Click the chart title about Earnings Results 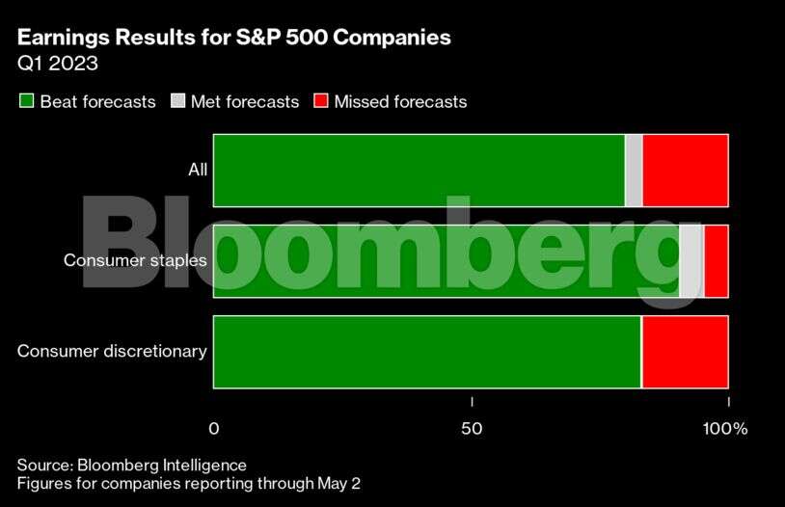[233, 40]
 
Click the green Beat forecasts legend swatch [27, 101]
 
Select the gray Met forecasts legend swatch [178, 101]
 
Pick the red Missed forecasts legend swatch [321, 101]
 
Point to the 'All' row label [198, 171]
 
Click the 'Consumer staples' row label [135, 260]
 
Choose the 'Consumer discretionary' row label [112, 351]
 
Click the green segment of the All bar [419, 171]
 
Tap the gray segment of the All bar [634, 171]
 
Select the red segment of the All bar [685, 171]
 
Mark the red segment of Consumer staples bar [716, 260]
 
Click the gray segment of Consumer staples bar [691, 260]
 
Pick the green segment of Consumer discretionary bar [426, 351]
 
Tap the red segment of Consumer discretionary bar [685, 351]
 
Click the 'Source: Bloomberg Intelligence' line [132, 465]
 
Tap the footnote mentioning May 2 [189, 483]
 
